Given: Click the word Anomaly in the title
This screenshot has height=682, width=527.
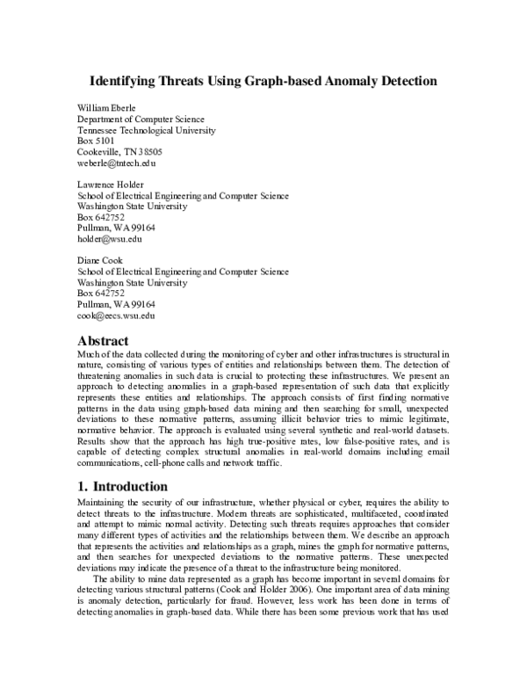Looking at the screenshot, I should [357, 82].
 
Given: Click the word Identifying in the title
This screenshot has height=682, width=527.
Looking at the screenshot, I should [125, 82].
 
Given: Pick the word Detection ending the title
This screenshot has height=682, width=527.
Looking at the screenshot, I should [410, 82].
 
